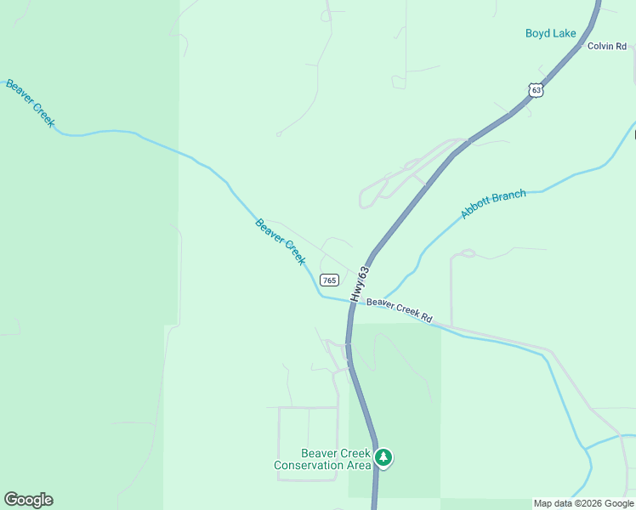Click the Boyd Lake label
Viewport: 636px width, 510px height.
click(550, 34)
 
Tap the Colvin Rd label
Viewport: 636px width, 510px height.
click(606, 46)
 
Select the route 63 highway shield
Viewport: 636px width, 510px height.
click(534, 89)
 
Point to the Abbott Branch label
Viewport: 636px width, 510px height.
click(493, 204)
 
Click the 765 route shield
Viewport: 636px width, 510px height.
click(329, 280)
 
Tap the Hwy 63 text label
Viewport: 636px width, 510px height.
click(363, 282)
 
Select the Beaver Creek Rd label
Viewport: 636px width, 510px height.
click(399, 310)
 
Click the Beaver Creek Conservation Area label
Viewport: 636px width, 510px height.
click(323, 459)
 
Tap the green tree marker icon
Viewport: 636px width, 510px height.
click(383, 458)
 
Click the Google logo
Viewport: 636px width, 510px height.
click(28, 500)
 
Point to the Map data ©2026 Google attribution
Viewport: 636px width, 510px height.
click(583, 503)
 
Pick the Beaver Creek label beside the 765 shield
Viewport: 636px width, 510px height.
click(280, 241)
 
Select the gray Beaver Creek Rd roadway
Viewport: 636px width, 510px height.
click(510, 339)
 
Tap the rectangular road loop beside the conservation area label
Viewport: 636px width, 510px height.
click(308, 443)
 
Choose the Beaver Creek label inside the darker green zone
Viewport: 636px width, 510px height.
click(30, 104)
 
